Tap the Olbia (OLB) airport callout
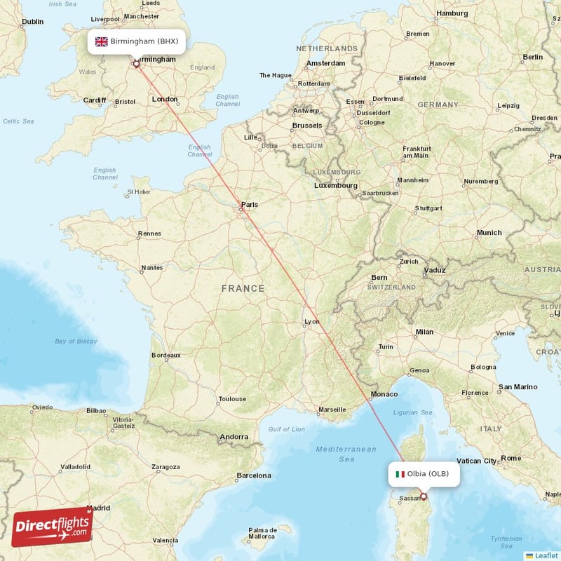click(x=424, y=474)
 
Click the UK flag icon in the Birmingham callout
click(x=102, y=41)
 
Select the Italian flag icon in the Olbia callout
click(x=400, y=474)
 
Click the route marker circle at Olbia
click(x=423, y=496)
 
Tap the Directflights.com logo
click(x=53, y=526)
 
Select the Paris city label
click(x=249, y=205)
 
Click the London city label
click(x=165, y=100)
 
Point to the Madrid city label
click(x=98, y=508)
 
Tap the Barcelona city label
click(x=253, y=475)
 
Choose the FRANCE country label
click(x=243, y=288)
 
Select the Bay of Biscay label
click(x=76, y=342)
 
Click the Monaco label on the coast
click(x=384, y=394)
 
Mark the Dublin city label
click(x=32, y=22)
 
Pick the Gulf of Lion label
click(x=286, y=429)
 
